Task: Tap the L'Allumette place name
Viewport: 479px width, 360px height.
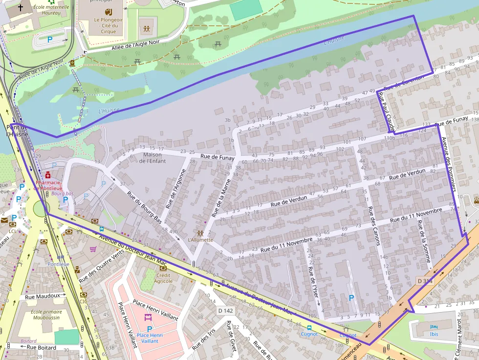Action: [200, 240]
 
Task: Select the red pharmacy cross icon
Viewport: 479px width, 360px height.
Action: [47, 175]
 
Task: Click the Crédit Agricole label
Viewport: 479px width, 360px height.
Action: [163, 278]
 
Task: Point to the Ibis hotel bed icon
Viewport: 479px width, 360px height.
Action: [434, 327]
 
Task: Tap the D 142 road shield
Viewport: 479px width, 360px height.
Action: [226, 311]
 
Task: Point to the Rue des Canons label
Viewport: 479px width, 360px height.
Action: [374, 225]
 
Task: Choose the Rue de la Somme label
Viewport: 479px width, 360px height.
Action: [424, 243]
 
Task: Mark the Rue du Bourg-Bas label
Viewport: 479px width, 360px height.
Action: [144, 208]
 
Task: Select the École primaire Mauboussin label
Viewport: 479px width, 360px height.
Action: [46, 315]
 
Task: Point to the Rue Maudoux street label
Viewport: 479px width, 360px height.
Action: [43, 296]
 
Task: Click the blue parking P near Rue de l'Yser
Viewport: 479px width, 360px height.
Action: [351, 297]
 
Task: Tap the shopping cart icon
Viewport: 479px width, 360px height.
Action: [93, 249]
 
